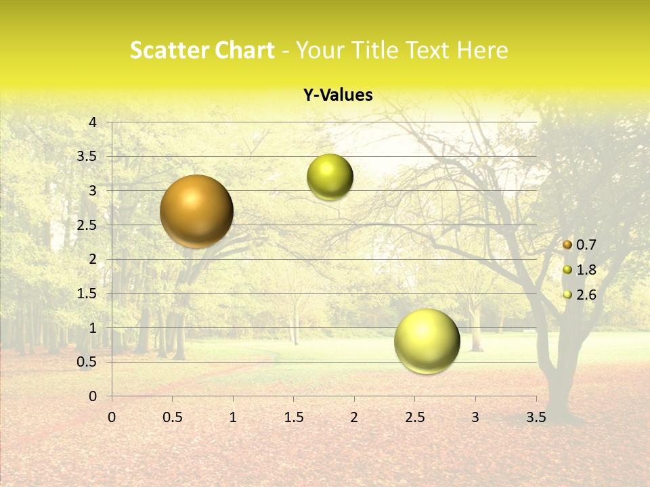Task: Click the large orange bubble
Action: pyautogui.click(x=196, y=211)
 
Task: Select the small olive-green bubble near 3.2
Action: pyautogui.click(x=330, y=177)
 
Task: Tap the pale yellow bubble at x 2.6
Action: pyautogui.click(x=427, y=341)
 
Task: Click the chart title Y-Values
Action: pyautogui.click(x=338, y=95)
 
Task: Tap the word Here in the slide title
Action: pyautogui.click(x=482, y=50)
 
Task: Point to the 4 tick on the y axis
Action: pyautogui.click(x=93, y=122)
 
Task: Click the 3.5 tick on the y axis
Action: pyautogui.click(x=87, y=156)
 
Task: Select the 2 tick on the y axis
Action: pyautogui.click(x=93, y=259)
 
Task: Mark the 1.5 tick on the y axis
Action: pyautogui.click(x=87, y=294)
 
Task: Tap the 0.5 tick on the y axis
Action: pyautogui.click(x=87, y=362)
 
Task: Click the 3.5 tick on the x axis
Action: pyautogui.click(x=536, y=417)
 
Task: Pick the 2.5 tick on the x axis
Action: pyautogui.click(x=414, y=417)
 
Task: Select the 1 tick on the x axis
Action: pyautogui.click(x=233, y=417)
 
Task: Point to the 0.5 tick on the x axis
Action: pyautogui.click(x=172, y=417)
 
